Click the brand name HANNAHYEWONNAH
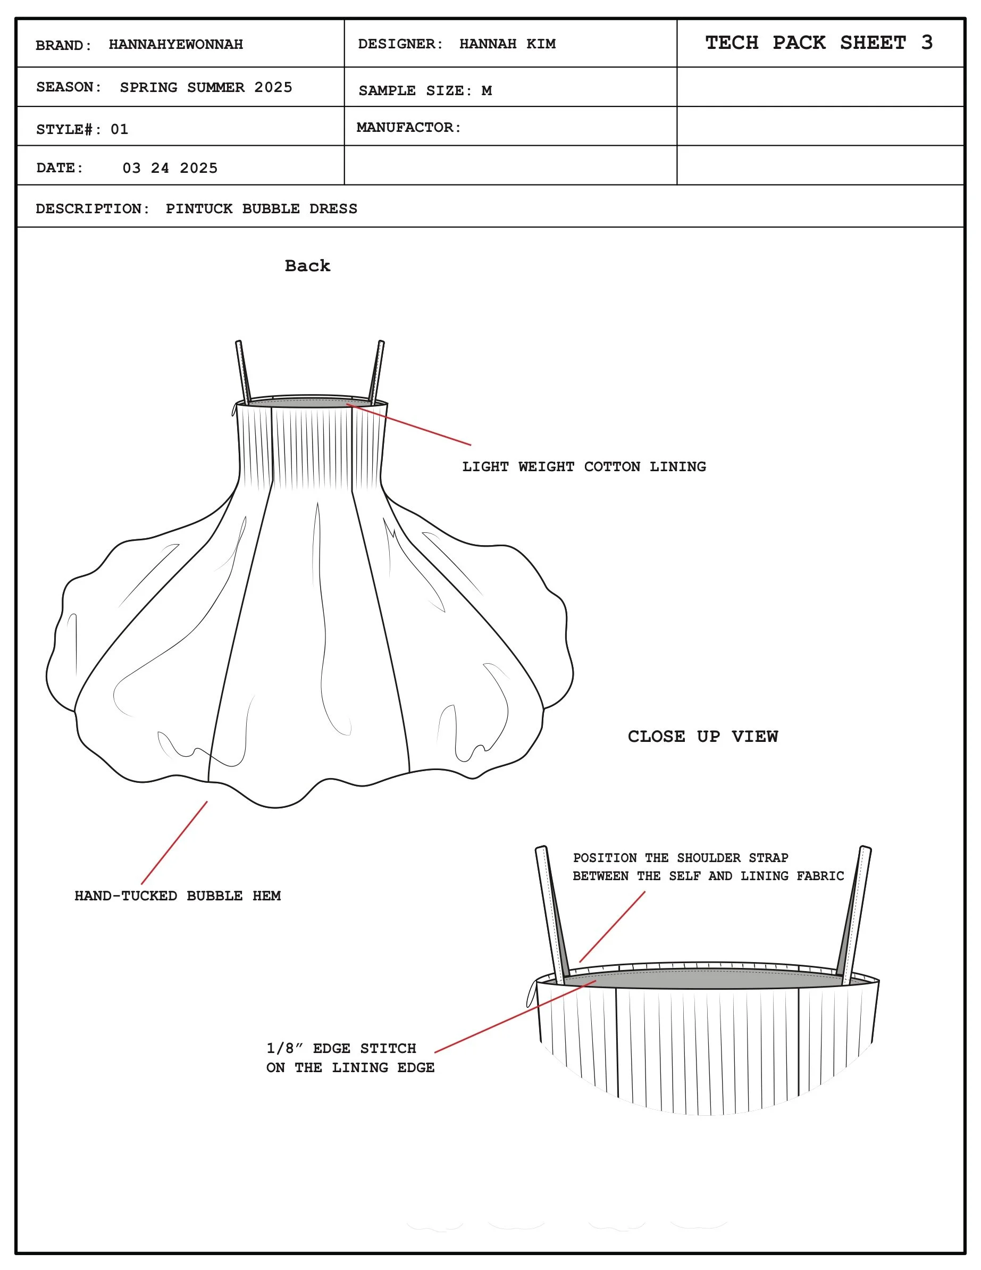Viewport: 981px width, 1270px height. pyautogui.click(x=175, y=45)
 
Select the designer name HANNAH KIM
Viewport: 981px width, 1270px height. pyautogui.click(x=507, y=44)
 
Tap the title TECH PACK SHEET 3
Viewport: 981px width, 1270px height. pyautogui.click(x=819, y=43)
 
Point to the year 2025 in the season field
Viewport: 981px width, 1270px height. pyautogui.click(x=273, y=87)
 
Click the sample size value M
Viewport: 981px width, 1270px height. pyautogui.click(x=486, y=91)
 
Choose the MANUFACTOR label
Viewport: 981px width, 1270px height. pyautogui.click(x=408, y=127)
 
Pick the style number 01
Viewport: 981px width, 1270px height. pyautogui.click(x=119, y=129)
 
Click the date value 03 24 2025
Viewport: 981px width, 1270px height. pyautogui.click(x=170, y=168)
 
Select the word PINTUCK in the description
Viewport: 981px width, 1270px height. pyautogui.click(x=199, y=209)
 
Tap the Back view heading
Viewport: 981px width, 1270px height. pyautogui.click(x=307, y=266)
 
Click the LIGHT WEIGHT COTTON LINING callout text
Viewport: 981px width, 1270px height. pyautogui.click(x=584, y=466)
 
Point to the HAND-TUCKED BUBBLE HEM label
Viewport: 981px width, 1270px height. pyautogui.click(x=178, y=896)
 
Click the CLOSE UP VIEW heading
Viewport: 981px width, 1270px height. pyautogui.click(x=702, y=736)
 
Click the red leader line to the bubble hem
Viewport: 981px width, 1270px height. pyautogui.click(x=174, y=843)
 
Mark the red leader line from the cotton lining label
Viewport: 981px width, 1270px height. pyautogui.click(x=410, y=424)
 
